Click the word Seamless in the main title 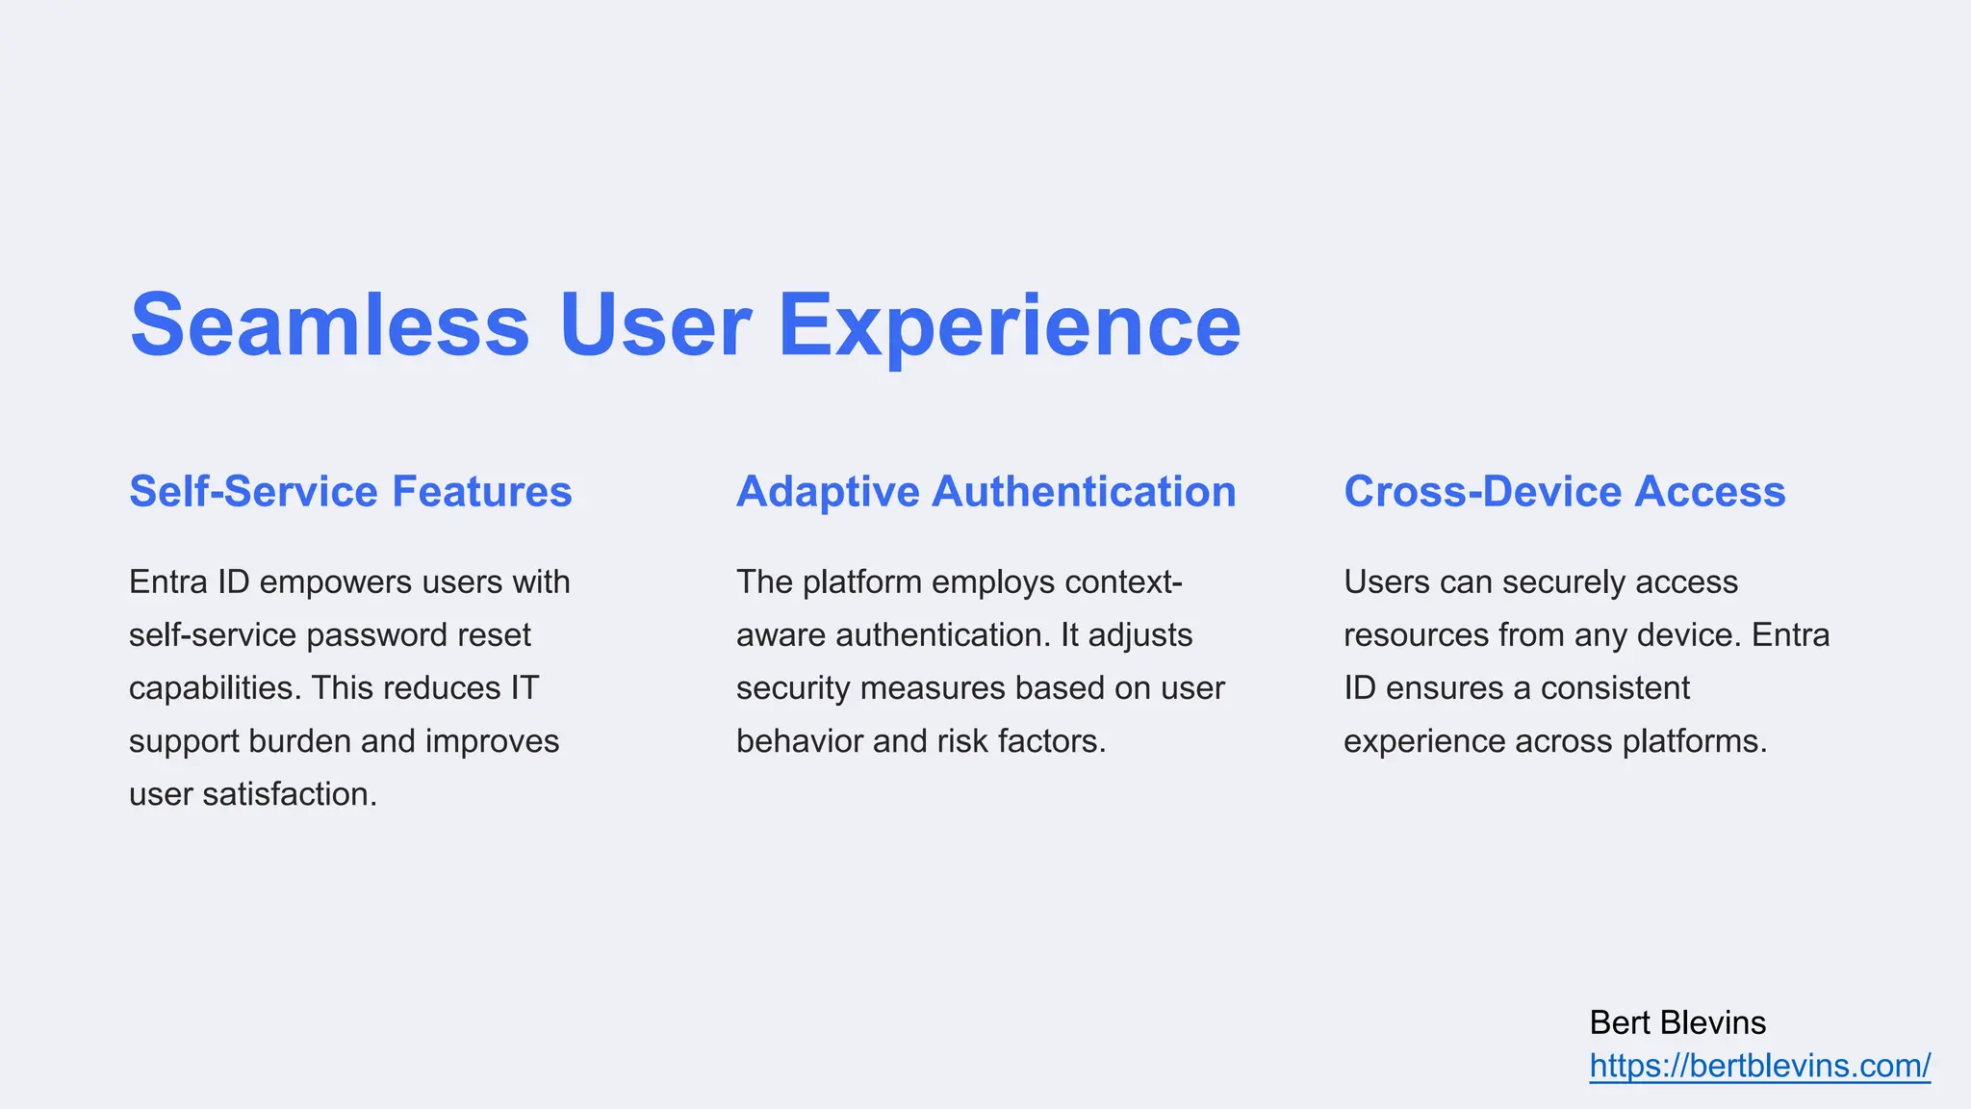329,325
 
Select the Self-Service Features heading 350,492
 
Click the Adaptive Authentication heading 985,492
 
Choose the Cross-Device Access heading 1564,492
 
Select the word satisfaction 290,794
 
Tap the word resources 1416,635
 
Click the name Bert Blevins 1677,1022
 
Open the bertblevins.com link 1759,1066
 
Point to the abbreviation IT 525,688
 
